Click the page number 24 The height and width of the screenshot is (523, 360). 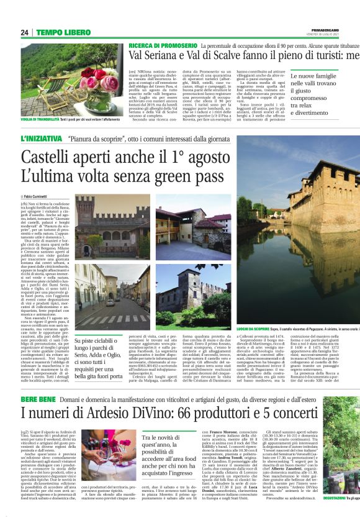click(25, 32)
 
